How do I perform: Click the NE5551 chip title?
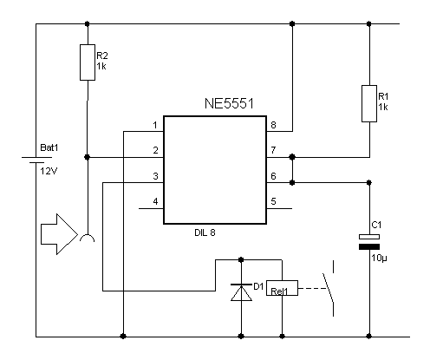229,103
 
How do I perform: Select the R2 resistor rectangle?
88,62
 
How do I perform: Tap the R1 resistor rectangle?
369,103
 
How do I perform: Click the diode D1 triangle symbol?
241,292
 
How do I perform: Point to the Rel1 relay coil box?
282,288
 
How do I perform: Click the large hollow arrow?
59,234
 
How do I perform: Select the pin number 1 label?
155,125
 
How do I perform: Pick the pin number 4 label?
155,201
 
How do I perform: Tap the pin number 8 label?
273,125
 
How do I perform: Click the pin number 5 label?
273,201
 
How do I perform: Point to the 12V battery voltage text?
49,172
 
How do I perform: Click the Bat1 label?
49,147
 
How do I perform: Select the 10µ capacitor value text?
379,258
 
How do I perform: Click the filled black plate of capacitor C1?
369,246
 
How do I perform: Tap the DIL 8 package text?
205,232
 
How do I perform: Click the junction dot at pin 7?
292,157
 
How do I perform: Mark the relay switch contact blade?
329,288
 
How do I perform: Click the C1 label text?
376,225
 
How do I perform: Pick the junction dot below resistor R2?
88,157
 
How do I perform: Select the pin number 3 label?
155,176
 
